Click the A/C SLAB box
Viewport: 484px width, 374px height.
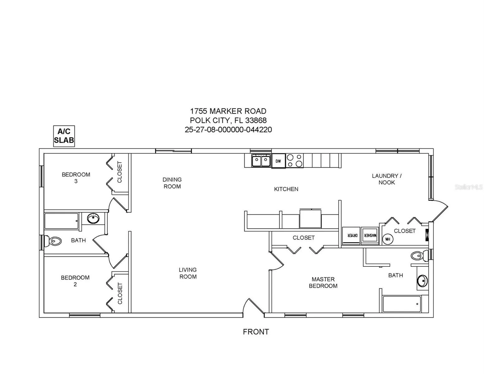click(64, 136)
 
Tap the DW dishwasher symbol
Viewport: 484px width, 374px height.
click(278, 161)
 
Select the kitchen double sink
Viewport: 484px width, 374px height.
click(261, 161)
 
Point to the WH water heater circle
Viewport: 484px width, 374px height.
click(388, 239)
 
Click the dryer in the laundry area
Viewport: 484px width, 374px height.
click(351, 236)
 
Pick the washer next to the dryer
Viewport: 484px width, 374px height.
click(370, 236)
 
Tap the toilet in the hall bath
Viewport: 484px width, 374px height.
click(53, 241)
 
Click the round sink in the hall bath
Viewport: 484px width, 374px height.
click(93, 218)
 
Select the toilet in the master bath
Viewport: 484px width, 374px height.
click(419, 256)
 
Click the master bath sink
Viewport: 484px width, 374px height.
click(422, 281)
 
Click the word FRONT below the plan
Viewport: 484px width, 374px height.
click(256, 332)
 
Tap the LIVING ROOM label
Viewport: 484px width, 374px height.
click(188, 273)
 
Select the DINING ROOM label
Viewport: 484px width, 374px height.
click(172, 183)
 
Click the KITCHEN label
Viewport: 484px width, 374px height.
click(286, 189)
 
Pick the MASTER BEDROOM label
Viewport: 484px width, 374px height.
click(323, 282)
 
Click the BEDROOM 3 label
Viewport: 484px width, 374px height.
click(76, 178)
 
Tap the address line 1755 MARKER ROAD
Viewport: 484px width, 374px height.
click(228, 111)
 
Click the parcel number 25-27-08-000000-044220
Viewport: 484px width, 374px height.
click(228, 129)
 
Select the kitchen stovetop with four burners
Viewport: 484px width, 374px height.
click(295, 161)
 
